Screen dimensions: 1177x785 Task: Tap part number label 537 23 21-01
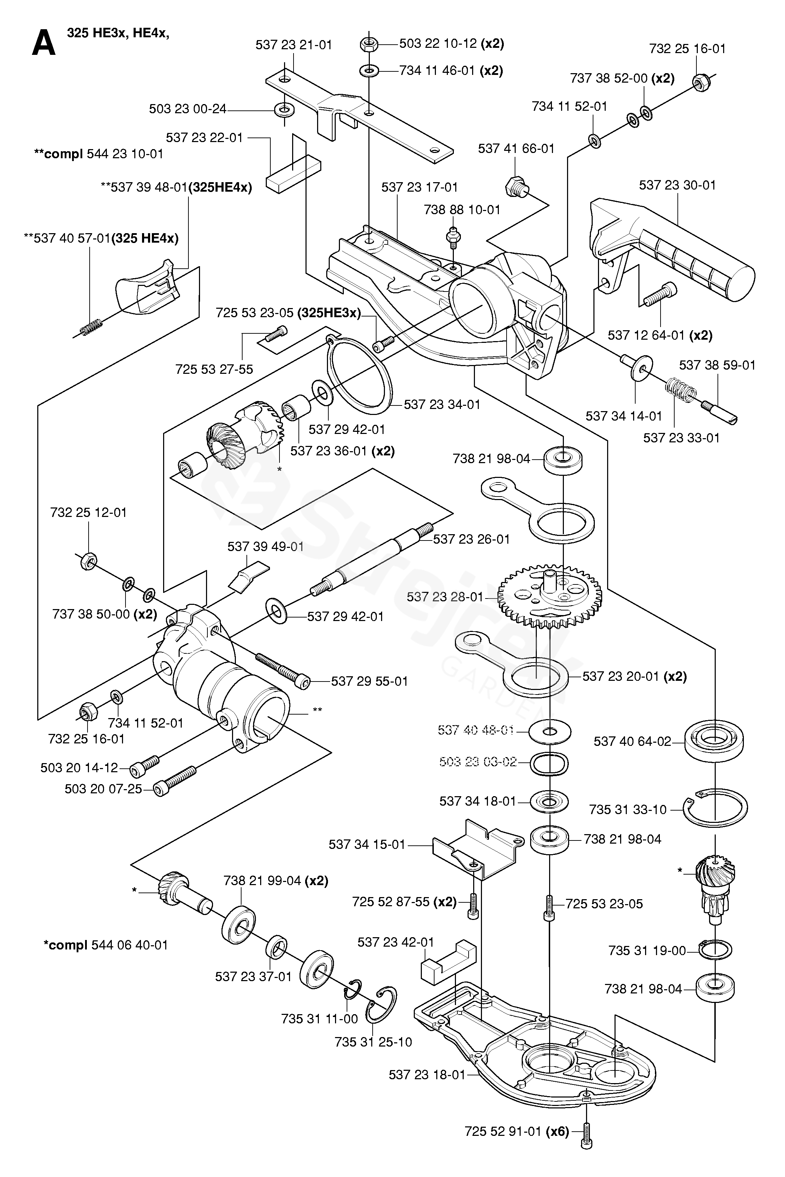pos(294,45)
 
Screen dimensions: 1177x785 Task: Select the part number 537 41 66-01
pos(516,149)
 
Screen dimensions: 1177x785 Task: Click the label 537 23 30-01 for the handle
pos(677,185)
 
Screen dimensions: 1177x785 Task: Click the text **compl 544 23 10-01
pos(99,154)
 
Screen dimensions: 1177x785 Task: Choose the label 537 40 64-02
pos(632,741)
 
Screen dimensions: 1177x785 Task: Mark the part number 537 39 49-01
pos(265,546)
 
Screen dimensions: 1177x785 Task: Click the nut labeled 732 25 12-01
pos(88,562)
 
